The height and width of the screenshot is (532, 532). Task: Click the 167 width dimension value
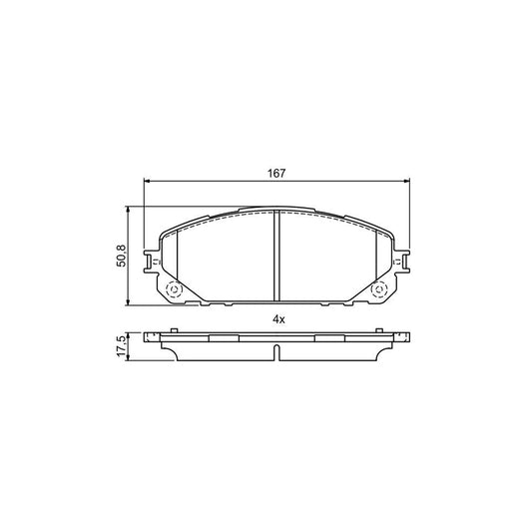click(x=276, y=173)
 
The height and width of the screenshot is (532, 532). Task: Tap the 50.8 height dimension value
click(x=121, y=256)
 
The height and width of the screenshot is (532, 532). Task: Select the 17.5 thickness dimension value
click(x=121, y=344)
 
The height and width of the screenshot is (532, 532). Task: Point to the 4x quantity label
click(x=278, y=318)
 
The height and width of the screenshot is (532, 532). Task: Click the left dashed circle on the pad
click(x=170, y=290)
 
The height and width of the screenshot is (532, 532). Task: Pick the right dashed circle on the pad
click(x=379, y=290)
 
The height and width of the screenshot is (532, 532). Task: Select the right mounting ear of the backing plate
click(x=400, y=262)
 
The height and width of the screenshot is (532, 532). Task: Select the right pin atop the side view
click(x=380, y=331)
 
